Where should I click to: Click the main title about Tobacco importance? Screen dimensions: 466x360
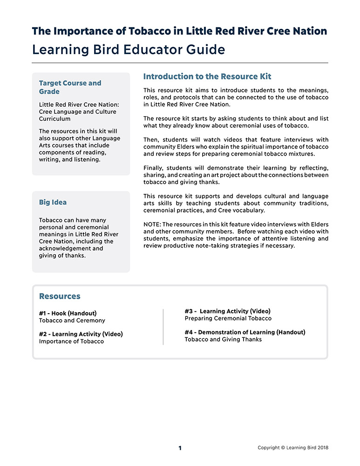(179, 31)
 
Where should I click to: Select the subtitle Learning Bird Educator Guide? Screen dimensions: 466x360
(129, 50)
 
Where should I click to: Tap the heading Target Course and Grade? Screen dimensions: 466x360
(70, 87)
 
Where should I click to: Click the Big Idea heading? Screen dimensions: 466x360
(53, 202)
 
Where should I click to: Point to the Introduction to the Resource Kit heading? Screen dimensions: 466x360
(207, 76)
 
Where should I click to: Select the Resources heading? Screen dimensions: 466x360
(60, 296)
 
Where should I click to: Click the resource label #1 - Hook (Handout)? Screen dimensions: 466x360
(68, 313)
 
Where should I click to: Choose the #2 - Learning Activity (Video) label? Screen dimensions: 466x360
(81, 334)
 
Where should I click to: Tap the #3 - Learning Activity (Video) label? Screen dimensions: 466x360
(227, 311)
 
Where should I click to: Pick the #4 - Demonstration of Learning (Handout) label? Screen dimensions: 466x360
(245, 332)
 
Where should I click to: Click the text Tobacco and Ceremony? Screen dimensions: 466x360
(72, 321)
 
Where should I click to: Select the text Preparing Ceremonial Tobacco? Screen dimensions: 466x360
(228, 318)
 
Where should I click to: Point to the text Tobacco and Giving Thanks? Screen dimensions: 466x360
(223, 340)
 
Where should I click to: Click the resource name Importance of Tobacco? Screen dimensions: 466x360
(71, 342)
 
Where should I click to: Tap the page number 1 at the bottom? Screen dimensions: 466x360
(180, 448)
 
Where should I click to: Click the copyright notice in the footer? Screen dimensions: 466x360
(293, 448)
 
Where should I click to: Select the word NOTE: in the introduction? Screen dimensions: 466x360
(152, 225)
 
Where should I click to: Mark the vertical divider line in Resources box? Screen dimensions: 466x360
(163, 326)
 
